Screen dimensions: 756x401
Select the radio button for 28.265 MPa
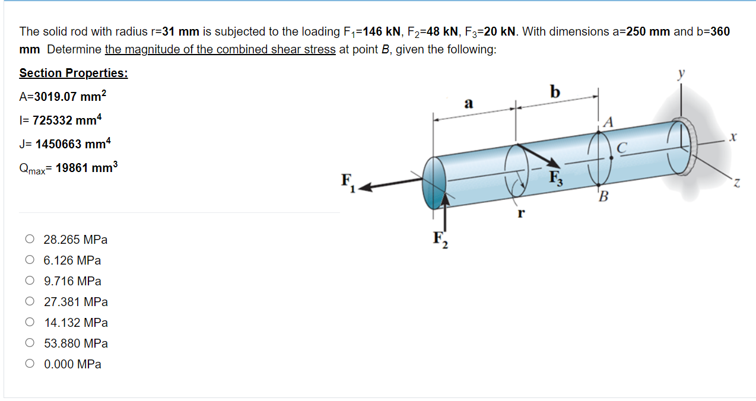[x=30, y=239]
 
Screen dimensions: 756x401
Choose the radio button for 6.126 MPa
[x=30, y=260]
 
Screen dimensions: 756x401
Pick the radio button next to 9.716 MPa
[x=30, y=281]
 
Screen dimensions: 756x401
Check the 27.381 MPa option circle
[x=30, y=301]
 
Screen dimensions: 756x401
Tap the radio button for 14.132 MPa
[x=30, y=322]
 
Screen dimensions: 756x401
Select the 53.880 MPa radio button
[x=30, y=343]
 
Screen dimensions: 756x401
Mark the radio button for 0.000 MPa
[x=30, y=364]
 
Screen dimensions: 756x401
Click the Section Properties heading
[x=74, y=73]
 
